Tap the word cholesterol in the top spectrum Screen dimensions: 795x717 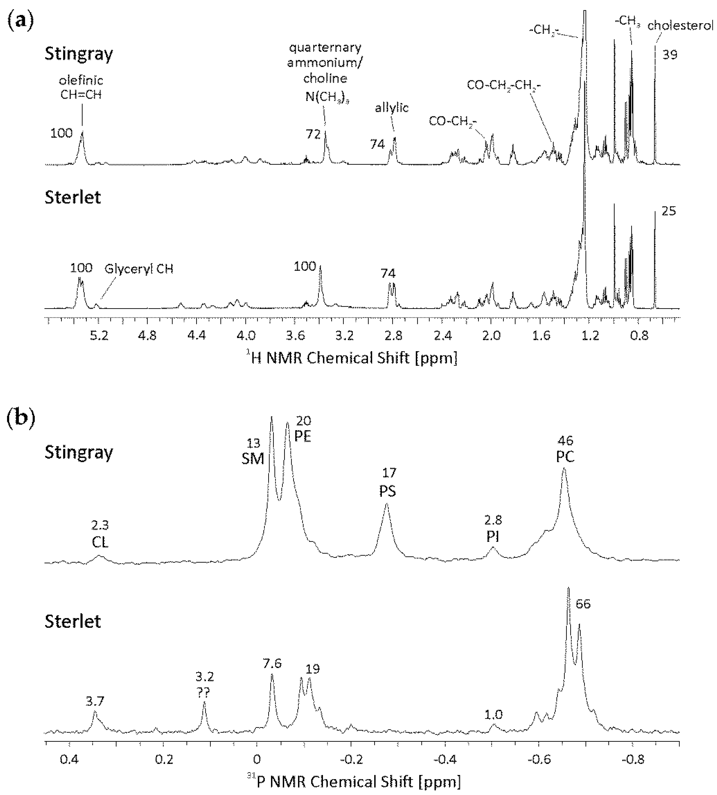point(680,26)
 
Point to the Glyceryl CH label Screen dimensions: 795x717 point(139,269)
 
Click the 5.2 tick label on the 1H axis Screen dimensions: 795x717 point(99,336)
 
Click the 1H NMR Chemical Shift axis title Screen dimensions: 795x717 point(354,358)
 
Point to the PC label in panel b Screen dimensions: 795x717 point(565,456)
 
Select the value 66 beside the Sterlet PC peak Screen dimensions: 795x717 point(583,604)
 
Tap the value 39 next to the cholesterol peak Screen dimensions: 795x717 point(669,55)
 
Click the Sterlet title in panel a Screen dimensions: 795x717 point(73,197)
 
